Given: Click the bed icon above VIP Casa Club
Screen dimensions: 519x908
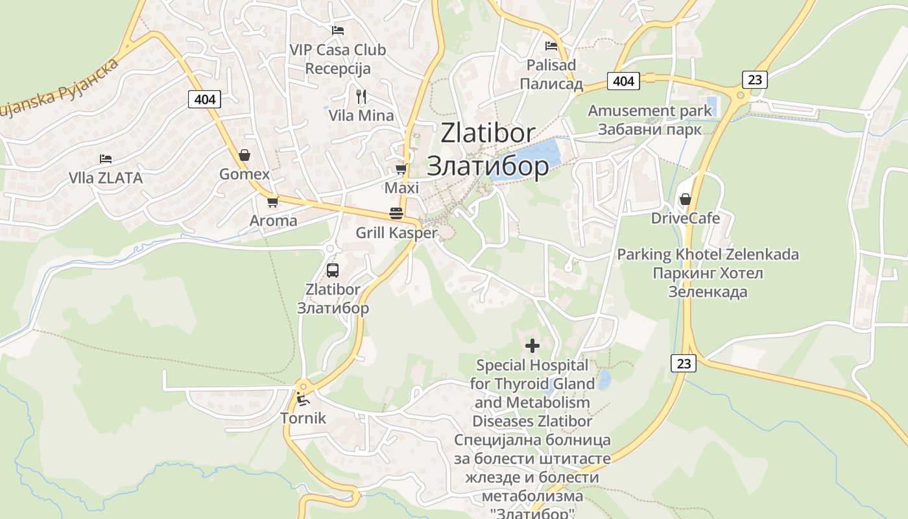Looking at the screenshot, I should pos(337,30).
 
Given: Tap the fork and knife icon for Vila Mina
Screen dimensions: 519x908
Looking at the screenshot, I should pos(361,97).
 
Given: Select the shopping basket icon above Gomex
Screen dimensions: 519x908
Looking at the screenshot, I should pos(245,155).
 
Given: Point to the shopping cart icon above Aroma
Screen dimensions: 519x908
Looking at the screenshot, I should pos(273,202).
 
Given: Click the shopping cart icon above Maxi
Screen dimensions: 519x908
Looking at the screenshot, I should pos(401,169).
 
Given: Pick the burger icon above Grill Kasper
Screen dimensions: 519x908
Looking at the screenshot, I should pos(396,213).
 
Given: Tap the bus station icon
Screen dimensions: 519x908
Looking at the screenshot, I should pos(333,271).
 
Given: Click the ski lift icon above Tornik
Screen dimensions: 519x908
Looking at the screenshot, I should pos(302,398).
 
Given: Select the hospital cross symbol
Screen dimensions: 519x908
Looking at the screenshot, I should pos(532,346).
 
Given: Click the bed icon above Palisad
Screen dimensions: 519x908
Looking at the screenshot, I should pos(551,46).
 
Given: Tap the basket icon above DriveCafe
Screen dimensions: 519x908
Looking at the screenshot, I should pos(686,199).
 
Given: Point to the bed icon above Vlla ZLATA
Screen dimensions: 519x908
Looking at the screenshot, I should pos(106,159).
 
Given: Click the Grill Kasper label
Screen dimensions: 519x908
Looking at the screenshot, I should pos(396,233).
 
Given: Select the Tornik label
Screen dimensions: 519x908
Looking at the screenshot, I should pos(303,418).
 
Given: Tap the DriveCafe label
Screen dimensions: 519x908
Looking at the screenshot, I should pos(686,218).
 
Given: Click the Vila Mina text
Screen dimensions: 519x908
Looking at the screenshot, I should pos(361,116).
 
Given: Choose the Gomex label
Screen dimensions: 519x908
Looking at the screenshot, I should pos(245,175).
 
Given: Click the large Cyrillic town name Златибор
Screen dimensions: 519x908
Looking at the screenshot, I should pos(487,167).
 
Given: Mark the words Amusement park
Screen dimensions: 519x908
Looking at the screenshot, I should pos(650,111).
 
